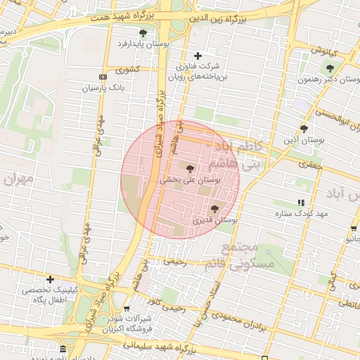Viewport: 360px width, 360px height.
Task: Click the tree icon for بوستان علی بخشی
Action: coord(190,168)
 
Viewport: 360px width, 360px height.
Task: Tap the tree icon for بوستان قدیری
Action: coord(214,208)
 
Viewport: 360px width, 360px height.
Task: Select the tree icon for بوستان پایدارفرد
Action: coord(143,33)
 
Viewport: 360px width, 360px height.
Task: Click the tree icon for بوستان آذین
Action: coord(304,129)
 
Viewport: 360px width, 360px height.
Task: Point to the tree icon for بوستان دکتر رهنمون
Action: coord(330,68)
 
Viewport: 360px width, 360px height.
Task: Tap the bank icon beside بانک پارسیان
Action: coord(103,77)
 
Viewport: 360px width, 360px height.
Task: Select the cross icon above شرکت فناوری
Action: coord(198,56)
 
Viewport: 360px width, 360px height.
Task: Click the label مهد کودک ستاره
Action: coord(302,213)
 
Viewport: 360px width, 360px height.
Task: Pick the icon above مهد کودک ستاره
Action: coord(302,202)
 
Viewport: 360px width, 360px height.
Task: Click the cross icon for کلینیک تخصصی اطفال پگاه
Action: coord(49,279)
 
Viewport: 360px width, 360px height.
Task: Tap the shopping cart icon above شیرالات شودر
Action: coord(126,309)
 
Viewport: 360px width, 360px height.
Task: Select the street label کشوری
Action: coord(128,69)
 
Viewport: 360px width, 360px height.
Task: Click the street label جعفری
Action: coord(308,165)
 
